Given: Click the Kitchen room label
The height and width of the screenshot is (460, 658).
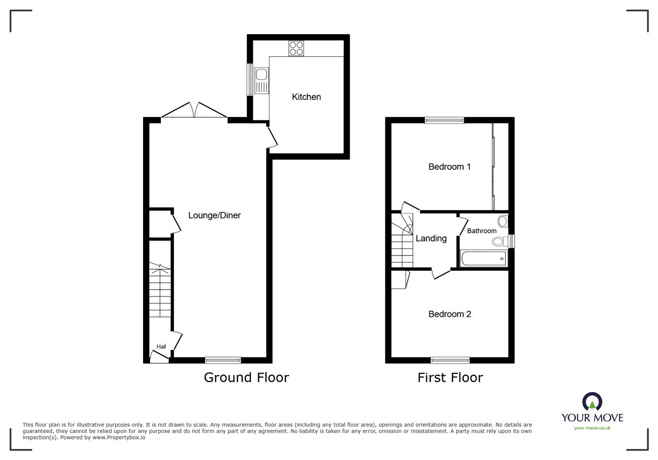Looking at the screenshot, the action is coord(306,97).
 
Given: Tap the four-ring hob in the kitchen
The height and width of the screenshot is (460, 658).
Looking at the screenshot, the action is coord(296,49).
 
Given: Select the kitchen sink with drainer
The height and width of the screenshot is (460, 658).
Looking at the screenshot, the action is coord(262,81).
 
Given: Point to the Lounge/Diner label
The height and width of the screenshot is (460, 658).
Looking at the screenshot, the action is coord(214,215).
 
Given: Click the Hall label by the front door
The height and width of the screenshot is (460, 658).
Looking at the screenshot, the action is coord(161,347).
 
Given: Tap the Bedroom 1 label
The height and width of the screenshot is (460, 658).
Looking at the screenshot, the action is coord(449,167).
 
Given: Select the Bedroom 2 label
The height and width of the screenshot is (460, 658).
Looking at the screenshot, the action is coord(450,314).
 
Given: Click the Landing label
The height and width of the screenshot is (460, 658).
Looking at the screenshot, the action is coord(431,238).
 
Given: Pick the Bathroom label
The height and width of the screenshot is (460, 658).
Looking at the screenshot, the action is coord(482,231).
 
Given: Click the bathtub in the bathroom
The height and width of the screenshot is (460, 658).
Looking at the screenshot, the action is coord(484,258).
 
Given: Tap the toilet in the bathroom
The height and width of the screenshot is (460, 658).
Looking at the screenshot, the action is coord(500,242).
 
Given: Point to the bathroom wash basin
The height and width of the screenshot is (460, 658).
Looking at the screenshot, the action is coord(503,221).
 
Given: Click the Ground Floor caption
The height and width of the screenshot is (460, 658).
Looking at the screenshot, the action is coord(246,377).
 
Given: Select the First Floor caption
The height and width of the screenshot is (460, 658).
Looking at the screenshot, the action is coord(450,377).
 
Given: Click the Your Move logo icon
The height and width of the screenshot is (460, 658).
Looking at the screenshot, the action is coord(592,401).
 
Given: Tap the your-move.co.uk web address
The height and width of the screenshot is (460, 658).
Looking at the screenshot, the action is coord(593,428).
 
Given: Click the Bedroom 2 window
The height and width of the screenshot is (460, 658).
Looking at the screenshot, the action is coord(450,360).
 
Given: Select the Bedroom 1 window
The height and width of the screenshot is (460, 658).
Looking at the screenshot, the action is coord(444,120).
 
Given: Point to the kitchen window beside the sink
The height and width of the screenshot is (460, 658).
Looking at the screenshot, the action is coord(250,80).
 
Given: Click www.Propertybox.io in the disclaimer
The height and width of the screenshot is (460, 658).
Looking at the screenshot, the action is coord(119,437).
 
